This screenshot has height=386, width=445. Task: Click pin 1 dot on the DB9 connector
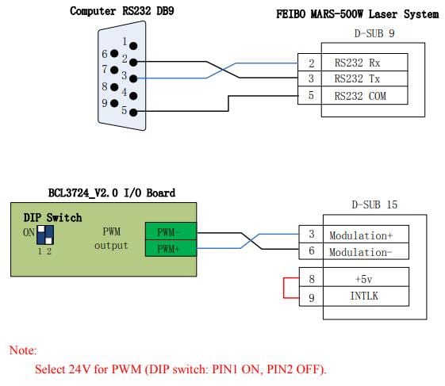pyautogui.click(x=133, y=46)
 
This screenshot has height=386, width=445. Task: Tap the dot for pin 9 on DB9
pyautogui.click(x=114, y=103)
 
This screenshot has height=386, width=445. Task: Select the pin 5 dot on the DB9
pyautogui.click(x=133, y=113)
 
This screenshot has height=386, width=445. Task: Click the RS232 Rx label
pyautogui.click(x=357, y=63)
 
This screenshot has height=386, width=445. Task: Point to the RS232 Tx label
pyautogui.click(x=357, y=78)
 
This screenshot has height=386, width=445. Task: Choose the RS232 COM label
pyautogui.click(x=360, y=96)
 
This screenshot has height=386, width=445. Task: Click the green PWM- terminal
pyautogui.click(x=171, y=231)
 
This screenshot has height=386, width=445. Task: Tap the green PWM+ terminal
pyautogui.click(x=171, y=248)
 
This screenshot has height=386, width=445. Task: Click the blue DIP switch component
pyautogui.click(x=45, y=235)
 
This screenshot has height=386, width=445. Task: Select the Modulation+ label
pyautogui.click(x=361, y=235)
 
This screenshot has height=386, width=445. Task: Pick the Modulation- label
pyautogui.click(x=361, y=252)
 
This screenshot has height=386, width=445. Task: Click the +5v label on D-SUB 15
pyautogui.click(x=363, y=279)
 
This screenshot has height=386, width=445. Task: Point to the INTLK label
pyautogui.click(x=364, y=296)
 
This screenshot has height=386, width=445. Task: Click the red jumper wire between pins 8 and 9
pyautogui.click(x=284, y=288)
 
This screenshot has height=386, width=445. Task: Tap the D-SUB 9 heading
pyautogui.click(x=374, y=33)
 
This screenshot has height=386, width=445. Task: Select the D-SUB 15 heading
pyautogui.click(x=374, y=204)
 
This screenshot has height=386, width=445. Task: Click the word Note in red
pyautogui.click(x=23, y=350)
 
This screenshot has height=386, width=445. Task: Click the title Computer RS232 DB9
pyautogui.click(x=122, y=11)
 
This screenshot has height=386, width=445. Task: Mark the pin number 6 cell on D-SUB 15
pyautogui.click(x=311, y=250)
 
